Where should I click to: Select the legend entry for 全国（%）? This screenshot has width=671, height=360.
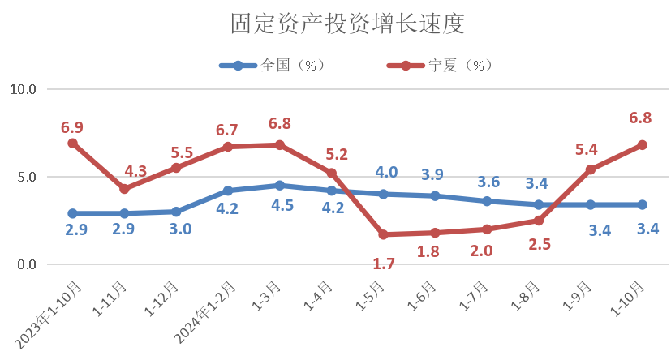click(273, 65)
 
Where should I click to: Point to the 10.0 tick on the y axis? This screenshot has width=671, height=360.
click(24, 89)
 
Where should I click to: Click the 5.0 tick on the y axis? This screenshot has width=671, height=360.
click(28, 177)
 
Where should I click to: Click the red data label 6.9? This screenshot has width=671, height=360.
click(72, 127)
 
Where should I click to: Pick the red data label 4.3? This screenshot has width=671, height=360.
click(135, 172)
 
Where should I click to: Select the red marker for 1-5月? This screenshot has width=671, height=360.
click(383, 235)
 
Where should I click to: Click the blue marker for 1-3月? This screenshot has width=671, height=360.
click(280, 186)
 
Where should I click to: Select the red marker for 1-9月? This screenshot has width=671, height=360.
click(590, 170)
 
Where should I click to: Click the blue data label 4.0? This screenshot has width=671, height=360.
click(386, 172)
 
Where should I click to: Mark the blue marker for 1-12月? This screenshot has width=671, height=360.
click(176, 212)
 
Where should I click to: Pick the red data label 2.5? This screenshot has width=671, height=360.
click(540, 243)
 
